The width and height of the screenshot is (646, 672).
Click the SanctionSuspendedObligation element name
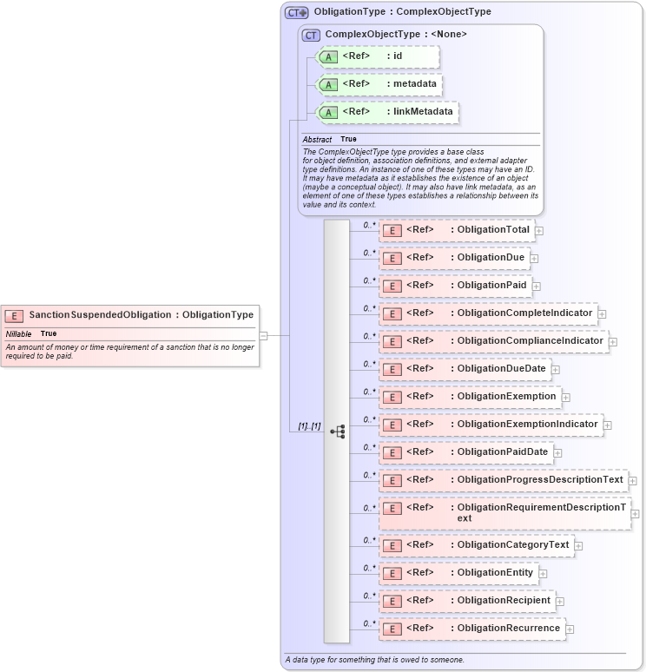(x=100, y=314)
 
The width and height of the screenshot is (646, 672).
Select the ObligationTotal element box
(x=457, y=230)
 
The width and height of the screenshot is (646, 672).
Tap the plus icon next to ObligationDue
(x=534, y=258)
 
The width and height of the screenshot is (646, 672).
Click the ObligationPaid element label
(x=491, y=285)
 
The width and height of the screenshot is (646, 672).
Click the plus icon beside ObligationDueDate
(x=556, y=370)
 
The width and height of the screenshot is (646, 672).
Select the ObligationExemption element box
(x=469, y=397)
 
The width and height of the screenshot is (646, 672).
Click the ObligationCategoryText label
(x=512, y=545)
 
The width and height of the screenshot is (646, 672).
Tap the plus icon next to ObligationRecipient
(x=560, y=601)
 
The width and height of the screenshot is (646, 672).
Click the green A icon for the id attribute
(x=328, y=57)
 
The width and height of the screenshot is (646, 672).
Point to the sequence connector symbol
(x=338, y=431)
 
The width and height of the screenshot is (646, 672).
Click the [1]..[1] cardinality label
(x=309, y=426)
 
